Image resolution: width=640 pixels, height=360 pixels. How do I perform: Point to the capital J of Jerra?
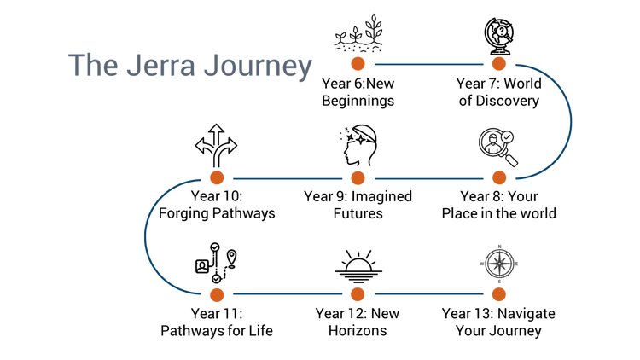[x=131, y=66]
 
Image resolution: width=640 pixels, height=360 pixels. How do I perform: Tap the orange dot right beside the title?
[x=358, y=64]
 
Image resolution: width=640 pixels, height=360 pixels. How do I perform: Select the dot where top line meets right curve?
[x=499, y=64]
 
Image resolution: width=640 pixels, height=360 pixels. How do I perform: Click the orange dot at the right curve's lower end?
[x=499, y=177]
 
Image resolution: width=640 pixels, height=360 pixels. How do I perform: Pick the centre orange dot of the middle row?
[x=358, y=177]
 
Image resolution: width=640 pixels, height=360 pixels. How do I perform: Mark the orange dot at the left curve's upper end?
[x=217, y=177]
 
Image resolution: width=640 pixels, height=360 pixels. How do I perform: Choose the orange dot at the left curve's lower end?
[x=217, y=294]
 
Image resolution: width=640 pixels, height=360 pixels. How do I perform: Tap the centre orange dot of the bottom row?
[x=358, y=294]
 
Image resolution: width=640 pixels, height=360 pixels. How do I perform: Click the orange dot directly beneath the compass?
[x=499, y=294]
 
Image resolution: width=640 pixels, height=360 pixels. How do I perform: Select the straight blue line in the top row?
[x=428, y=64]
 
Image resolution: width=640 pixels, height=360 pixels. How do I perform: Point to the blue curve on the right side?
[x=572, y=121]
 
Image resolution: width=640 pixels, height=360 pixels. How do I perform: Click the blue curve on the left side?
[x=143, y=236]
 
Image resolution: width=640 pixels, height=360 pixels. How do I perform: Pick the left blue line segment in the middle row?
[x=287, y=178]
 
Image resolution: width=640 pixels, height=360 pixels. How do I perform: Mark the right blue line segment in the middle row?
[x=428, y=178]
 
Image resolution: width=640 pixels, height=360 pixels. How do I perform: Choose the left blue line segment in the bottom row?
[x=287, y=294]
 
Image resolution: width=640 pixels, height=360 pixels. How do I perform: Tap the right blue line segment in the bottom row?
[x=428, y=294]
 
